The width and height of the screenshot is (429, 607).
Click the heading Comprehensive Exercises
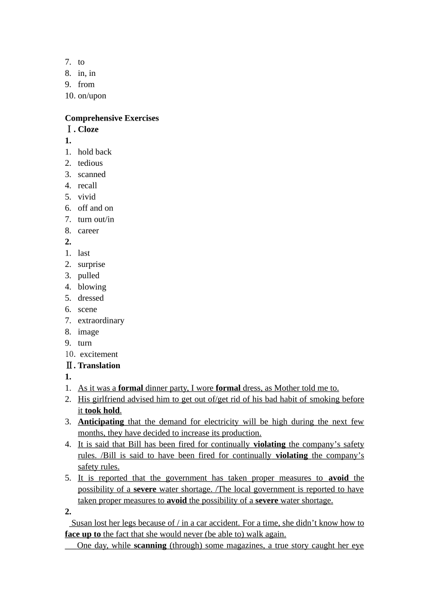[112, 118]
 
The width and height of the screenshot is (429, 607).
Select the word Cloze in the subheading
[88, 130]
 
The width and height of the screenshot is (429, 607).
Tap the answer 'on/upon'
[92, 96]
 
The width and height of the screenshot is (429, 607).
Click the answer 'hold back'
[94, 152]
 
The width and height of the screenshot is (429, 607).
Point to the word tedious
[90, 163]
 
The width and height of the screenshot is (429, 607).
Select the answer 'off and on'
[95, 208]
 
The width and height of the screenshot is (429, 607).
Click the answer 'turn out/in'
[96, 219]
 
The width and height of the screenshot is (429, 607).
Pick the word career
[88, 231]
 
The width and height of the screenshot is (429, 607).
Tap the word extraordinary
[101, 321]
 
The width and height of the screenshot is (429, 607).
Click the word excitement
[98, 355]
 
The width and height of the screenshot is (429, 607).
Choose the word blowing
[92, 287]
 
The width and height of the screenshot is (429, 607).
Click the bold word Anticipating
[101, 422]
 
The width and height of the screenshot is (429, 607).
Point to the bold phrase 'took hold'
[102, 411]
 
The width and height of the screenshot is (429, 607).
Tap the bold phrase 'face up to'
[83, 534]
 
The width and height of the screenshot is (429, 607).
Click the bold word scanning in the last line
[150, 546]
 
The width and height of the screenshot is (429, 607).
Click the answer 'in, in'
[86, 73]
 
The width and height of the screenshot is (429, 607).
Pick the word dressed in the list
[90, 298]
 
